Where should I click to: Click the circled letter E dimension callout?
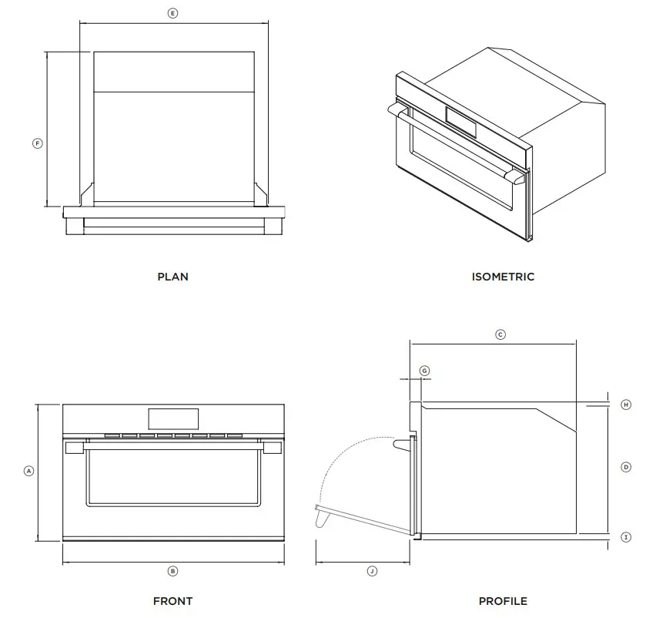point(172,13)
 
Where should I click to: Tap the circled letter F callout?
point(37,143)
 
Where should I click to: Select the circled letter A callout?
point(28,470)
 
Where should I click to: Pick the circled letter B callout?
point(172,571)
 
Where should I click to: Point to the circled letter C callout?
point(500,334)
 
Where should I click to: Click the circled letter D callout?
point(626,467)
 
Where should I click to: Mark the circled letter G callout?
point(424,371)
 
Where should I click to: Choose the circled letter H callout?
point(626,404)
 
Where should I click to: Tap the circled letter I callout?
point(626,537)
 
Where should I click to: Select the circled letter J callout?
point(372,571)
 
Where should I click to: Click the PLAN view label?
point(172,277)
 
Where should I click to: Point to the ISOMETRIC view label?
point(503,277)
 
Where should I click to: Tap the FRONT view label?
point(172,601)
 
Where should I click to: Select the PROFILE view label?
point(503,601)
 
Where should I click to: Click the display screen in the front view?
point(172,418)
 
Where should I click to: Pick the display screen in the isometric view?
point(461,123)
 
